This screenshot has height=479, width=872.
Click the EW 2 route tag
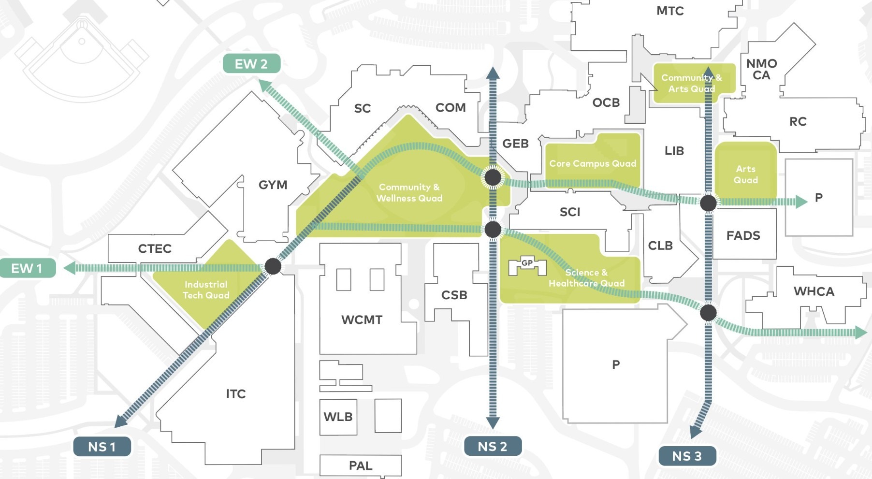251,64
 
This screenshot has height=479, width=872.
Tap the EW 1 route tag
27,268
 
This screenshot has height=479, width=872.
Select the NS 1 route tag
102,447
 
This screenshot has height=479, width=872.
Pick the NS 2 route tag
493,446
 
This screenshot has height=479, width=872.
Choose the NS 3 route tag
687,456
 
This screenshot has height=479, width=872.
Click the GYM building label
273,185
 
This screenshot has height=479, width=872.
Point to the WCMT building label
362,319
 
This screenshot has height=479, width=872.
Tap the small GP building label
527,263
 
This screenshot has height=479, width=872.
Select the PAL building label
361,465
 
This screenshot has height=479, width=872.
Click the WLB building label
338,417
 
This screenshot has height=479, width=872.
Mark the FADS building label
743,235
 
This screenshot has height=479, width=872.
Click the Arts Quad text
746,174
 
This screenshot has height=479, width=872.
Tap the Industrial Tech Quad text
206,290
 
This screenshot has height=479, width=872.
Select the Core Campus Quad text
593,163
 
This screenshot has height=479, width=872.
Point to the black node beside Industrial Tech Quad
273,266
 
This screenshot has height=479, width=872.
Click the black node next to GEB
493,177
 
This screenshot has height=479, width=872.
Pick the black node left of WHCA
708,313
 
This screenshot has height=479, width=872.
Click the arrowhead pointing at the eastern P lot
801,202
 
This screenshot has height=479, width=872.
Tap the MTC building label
670,11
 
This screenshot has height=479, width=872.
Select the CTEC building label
155,248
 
